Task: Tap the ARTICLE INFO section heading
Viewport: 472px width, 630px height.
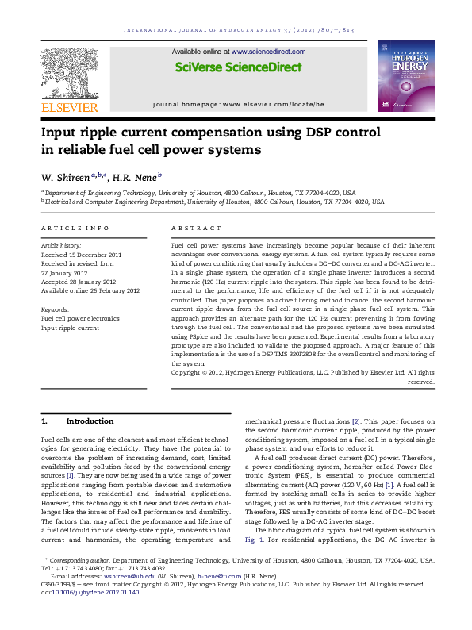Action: click(75, 229)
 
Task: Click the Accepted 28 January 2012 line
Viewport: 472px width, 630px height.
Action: click(79, 281)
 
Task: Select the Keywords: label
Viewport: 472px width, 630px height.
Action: click(55, 309)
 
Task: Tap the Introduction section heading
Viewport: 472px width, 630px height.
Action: click(90, 421)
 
